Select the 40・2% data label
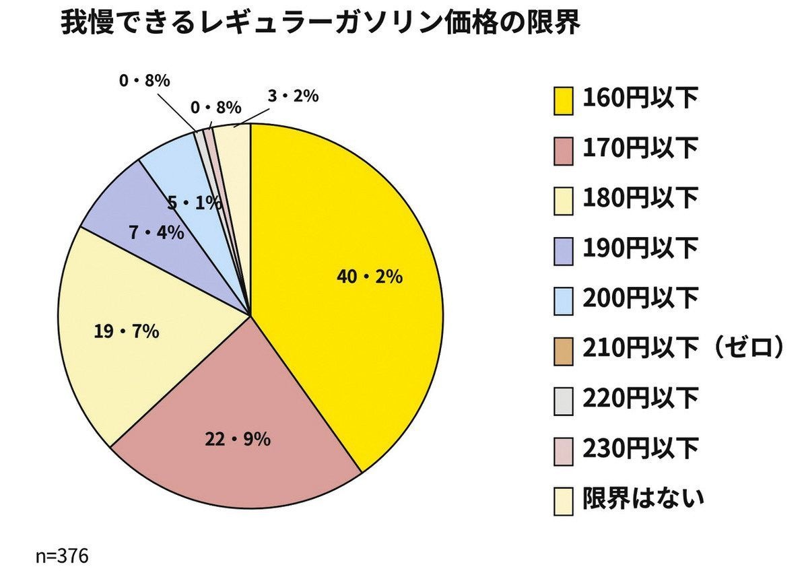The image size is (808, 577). tap(370, 276)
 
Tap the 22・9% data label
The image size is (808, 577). tap(238, 440)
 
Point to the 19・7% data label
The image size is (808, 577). tap(126, 331)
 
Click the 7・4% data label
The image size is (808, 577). tap(156, 233)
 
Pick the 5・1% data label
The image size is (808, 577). tap(195, 203)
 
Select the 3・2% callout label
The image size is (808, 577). tap(292, 96)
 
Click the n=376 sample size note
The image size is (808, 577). tap(62, 557)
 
